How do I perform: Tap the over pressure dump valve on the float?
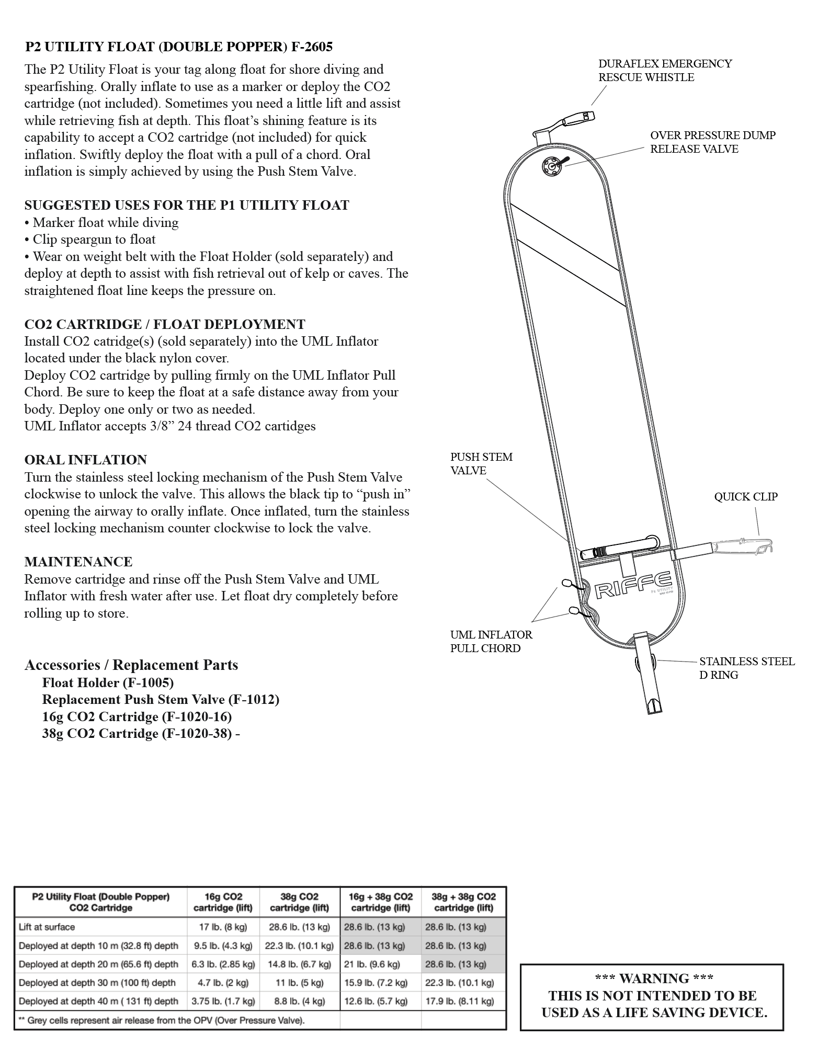pos(550,166)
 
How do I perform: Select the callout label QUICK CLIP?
pos(745,496)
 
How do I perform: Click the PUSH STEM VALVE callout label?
pos(481,463)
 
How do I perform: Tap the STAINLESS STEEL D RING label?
pos(746,668)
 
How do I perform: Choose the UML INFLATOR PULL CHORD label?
pos(491,641)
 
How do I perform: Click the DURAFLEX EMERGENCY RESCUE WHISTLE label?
pos(665,70)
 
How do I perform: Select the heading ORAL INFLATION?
pos(86,460)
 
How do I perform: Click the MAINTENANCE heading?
pos(78,562)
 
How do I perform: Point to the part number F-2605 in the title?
pos(312,47)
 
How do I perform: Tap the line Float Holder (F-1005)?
pos(108,682)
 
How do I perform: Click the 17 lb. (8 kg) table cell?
pos(223,927)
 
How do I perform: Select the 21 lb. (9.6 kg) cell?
pos(372,964)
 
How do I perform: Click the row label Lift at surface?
pos(47,927)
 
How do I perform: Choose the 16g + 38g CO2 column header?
pos(380,902)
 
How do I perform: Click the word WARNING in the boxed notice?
pos(654,978)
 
